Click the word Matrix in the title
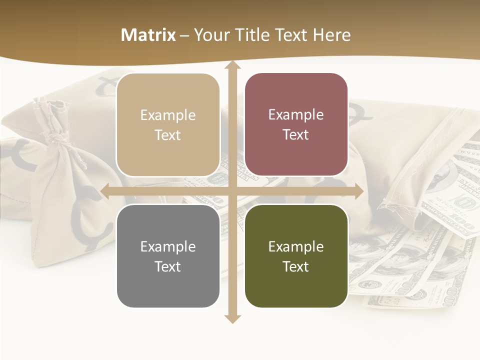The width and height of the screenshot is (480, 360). point(148,35)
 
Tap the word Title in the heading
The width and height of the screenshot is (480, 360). point(253,35)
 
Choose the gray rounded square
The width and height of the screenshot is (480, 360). point(168,285)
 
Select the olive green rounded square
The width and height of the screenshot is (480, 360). point(296,285)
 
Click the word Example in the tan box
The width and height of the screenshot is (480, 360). point(168,115)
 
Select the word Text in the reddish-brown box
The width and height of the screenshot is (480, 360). point(296,135)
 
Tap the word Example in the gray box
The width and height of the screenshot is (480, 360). point(168,246)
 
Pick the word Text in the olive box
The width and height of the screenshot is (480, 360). point(296,266)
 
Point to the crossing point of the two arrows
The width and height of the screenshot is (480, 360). point(232,191)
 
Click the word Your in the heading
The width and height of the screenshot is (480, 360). point(210,35)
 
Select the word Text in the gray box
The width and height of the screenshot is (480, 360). point(168,266)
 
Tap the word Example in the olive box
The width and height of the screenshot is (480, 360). point(296,246)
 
